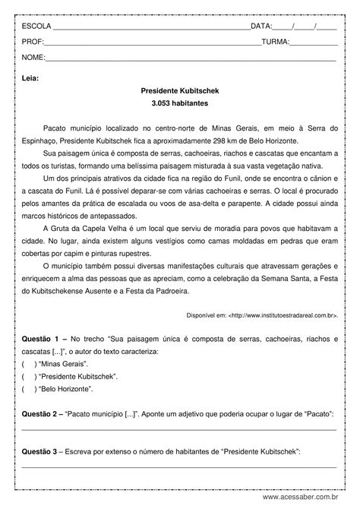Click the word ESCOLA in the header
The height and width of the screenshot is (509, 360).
(x=36, y=26)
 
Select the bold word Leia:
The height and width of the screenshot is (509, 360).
(x=30, y=77)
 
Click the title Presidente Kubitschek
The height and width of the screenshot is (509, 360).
(x=179, y=90)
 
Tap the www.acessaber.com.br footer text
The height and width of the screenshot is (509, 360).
(x=309, y=498)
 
